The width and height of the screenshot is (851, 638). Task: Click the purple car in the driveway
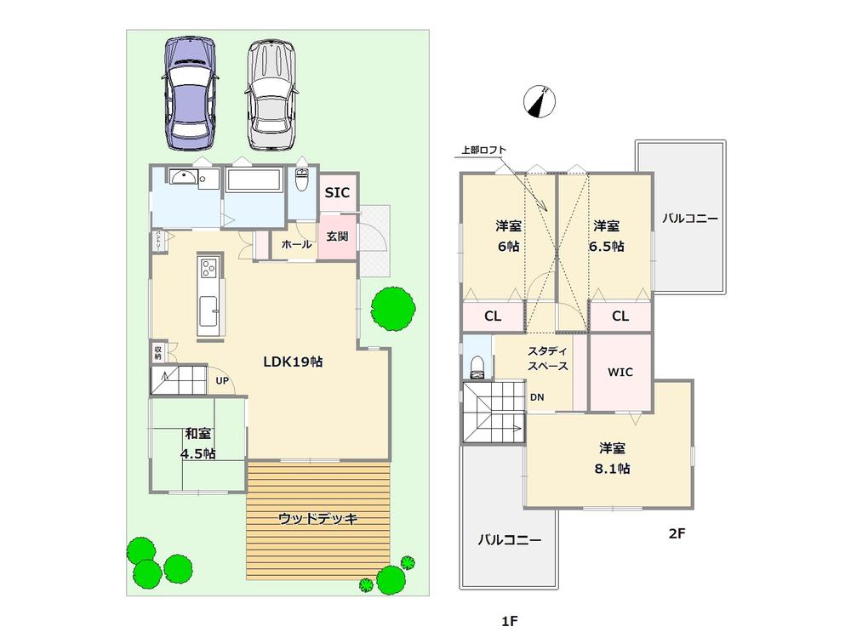click(191, 94)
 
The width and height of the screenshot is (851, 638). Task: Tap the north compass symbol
click(539, 101)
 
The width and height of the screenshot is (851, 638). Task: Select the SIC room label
click(336, 194)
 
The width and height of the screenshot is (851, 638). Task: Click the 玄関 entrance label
click(337, 236)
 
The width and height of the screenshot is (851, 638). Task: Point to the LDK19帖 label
click(292, 361)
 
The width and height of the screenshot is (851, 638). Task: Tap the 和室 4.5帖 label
click(198, 443)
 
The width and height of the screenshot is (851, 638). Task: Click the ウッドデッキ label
click(318, 518)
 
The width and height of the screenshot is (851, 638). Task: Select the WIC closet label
click(620, 372)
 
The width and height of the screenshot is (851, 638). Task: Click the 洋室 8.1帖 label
click(614, 458)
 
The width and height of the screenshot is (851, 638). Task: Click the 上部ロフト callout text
click(483, 151)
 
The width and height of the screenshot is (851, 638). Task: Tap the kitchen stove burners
click(209, 269)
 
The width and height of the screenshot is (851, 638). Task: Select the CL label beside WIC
click(620, 316)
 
